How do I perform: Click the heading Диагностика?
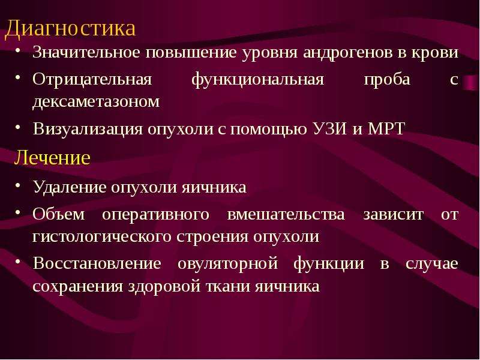70,29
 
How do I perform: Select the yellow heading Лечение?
52,158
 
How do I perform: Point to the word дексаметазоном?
96,101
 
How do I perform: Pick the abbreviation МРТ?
386,128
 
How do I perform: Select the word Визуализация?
88,129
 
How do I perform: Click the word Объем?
58,214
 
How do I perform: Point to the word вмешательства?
286,215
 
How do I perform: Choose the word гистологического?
102,237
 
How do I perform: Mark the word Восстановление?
97,263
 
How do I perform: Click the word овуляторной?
228,264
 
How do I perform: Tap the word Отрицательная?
92,80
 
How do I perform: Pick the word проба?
387,80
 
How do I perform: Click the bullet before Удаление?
19,185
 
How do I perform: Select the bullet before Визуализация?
19,127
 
